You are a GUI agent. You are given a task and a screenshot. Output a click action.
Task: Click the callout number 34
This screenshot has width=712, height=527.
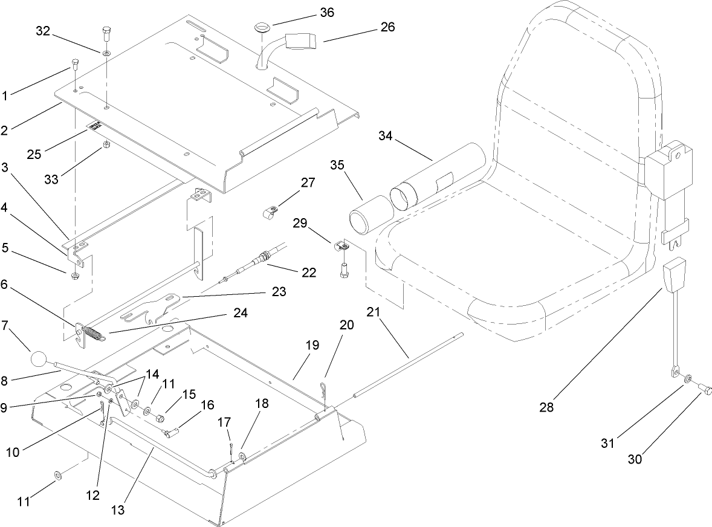click(385, 136)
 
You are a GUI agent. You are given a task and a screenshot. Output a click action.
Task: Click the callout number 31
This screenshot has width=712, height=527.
click(607, 444)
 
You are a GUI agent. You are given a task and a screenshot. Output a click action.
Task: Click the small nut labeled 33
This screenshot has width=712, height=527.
click(105, 144)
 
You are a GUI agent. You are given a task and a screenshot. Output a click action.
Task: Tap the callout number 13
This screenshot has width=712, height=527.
click(118, 510)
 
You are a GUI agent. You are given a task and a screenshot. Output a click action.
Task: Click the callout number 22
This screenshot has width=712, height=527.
click(308, 273)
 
